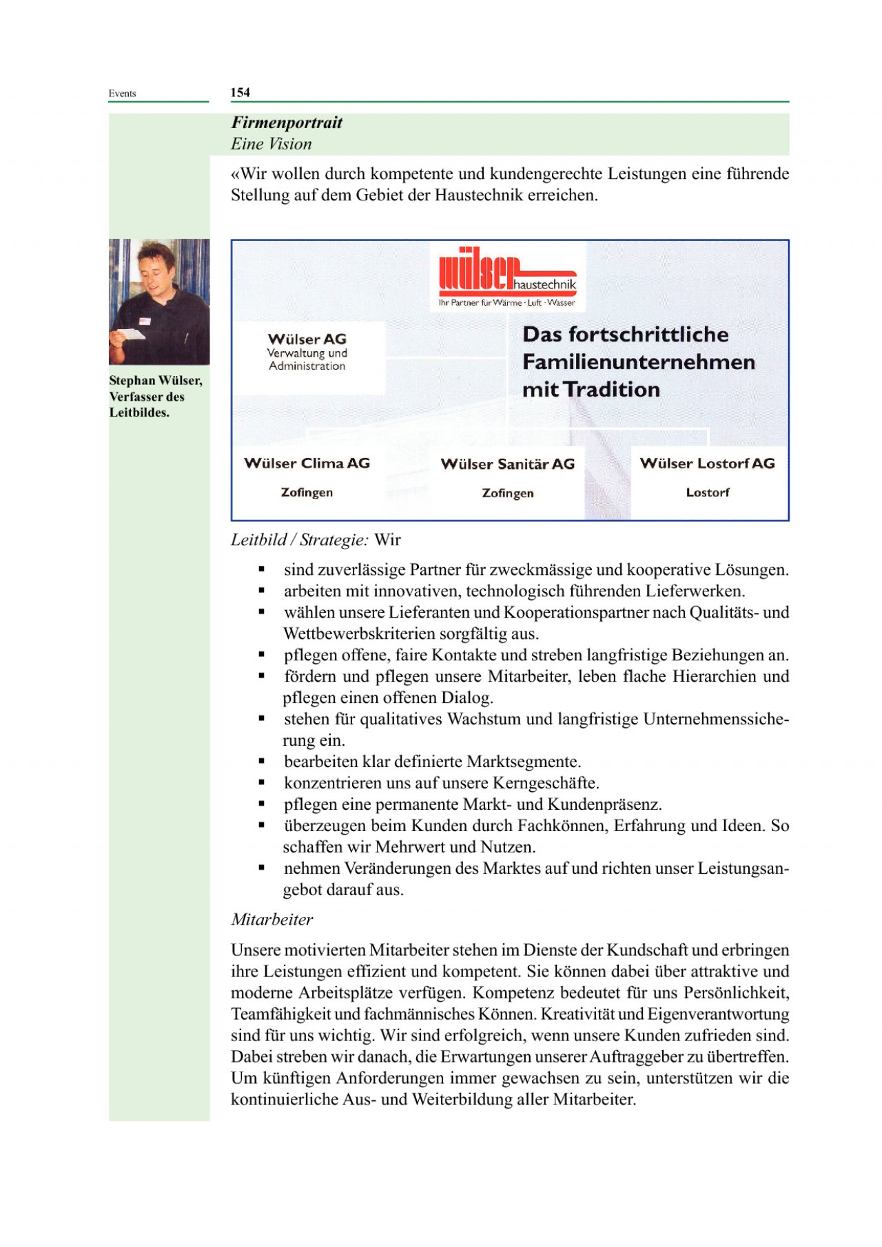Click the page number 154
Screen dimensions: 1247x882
pyautogui.click(x=240, y=92)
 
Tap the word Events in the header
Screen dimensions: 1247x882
pyautogui.click(x=122, y=94)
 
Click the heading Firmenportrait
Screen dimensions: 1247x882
pyautogui.click(x=287, y=123)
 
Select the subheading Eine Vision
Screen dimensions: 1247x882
pyautogui.click(x=271, y=144)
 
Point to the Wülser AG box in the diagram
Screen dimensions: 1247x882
pyautogui.click(x=307, y=352)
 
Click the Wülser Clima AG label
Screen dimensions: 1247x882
pyautogui.click(x=307, y=463)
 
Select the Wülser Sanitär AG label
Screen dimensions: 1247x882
pyautogui.click(x=507, y=464)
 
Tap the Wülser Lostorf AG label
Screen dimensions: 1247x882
pyautogui.click(x=707, y=463)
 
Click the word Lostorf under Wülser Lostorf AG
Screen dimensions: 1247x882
pyautogui.click(x=707, y=492)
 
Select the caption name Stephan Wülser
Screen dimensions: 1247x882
pyautogui.click(x=156, y=380)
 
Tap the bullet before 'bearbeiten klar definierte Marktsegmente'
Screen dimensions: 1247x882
pyautogui.click(x=262, y=762)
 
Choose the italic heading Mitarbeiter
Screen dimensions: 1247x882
pyautogui.click(x=272, y=919)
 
